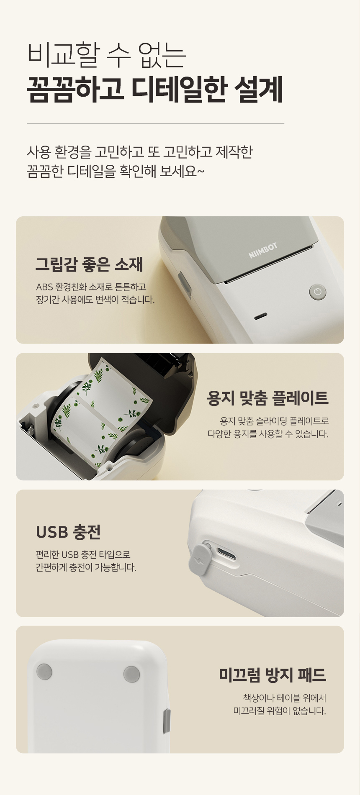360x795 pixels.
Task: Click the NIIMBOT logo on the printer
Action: coord(263,251)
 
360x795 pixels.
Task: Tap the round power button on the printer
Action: coord(317,292)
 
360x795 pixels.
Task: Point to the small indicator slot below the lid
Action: coord(260,315)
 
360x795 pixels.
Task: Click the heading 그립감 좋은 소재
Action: coord(89,264)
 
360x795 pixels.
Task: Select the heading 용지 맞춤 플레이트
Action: coord(268,397)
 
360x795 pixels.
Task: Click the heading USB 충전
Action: coord(68,532)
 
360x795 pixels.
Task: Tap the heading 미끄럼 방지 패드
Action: coord(273,674)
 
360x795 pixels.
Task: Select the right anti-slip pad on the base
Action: coord(132,674)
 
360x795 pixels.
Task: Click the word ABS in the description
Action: coord(44,287)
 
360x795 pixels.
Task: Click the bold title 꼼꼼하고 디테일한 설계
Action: coord(155,90)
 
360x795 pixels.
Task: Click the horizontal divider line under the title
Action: coord(155,123)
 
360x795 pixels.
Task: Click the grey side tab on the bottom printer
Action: coord(167,721)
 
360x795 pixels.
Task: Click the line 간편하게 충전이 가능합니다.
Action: coord(86,568)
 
